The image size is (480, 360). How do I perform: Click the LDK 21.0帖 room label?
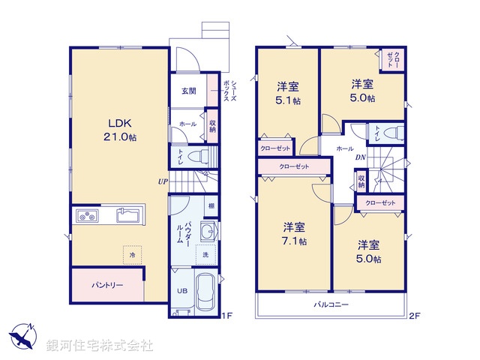coord(121,130)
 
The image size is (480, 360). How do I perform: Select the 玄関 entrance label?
coord(188,91)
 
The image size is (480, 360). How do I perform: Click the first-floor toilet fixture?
coord(196,157)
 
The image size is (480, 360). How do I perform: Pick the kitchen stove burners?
coord(85,217)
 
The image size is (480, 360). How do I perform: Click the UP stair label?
coord(163,181)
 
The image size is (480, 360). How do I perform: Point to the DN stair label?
coord(360,157)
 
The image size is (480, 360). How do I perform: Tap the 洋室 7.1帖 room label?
coord(294,233)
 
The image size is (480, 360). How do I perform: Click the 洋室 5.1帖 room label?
coord(288,94)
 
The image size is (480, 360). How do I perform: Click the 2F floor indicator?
coord(414,316)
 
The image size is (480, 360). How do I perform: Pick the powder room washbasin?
coord(208,230)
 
